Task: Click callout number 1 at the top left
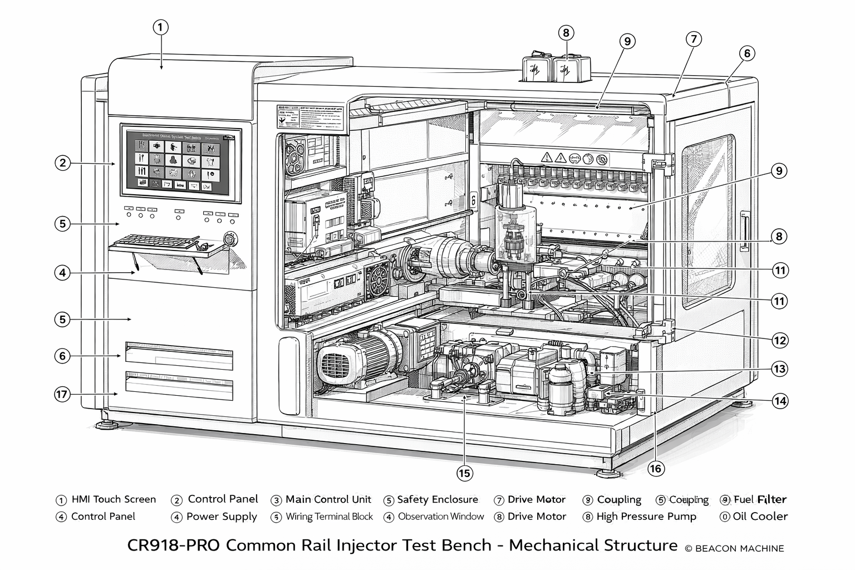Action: tap(160, 27)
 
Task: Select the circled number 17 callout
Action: tap(62, 394)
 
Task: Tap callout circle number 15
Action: tap(464, 473)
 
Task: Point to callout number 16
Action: tap(656, 469)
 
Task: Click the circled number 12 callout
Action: tap(780, 340)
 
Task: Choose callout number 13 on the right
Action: tap(780, 368)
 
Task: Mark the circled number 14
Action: tap(780, 400)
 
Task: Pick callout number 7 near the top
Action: tap(693, 39)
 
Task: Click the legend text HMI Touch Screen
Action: tap(114, 499)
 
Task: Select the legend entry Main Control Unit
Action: tap(328, 499)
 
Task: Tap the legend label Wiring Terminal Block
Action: tap(329, 517)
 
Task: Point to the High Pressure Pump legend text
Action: tap(646, 517)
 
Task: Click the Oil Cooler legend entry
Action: tap(760, 517)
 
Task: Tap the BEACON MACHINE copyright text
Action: tap(734, 549)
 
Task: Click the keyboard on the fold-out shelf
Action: tap(158, 242)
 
